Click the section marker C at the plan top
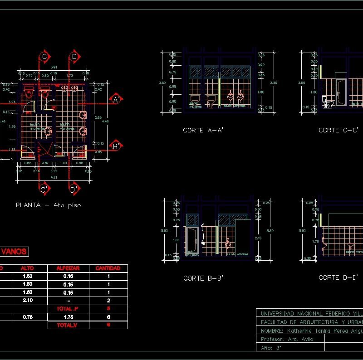click(x=44, y=57)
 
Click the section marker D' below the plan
click(x=74, y=189)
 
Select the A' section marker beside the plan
click(x=116, y=99)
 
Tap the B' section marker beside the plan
click(x=116, y=146)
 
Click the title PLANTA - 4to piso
click(x=49, y=205)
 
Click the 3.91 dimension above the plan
click(x=54, y=67)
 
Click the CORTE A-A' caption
click(x=203, y=130)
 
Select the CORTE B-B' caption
click(x=203, y=278)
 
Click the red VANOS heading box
click(x=14, y=252)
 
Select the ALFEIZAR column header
click(x=68, y=268)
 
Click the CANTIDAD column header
click(x=108, y=268)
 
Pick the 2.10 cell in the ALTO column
click(x=27, y=301)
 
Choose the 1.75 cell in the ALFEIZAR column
click(x=68, y=317)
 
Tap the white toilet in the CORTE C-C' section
click(x=326, y=102)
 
